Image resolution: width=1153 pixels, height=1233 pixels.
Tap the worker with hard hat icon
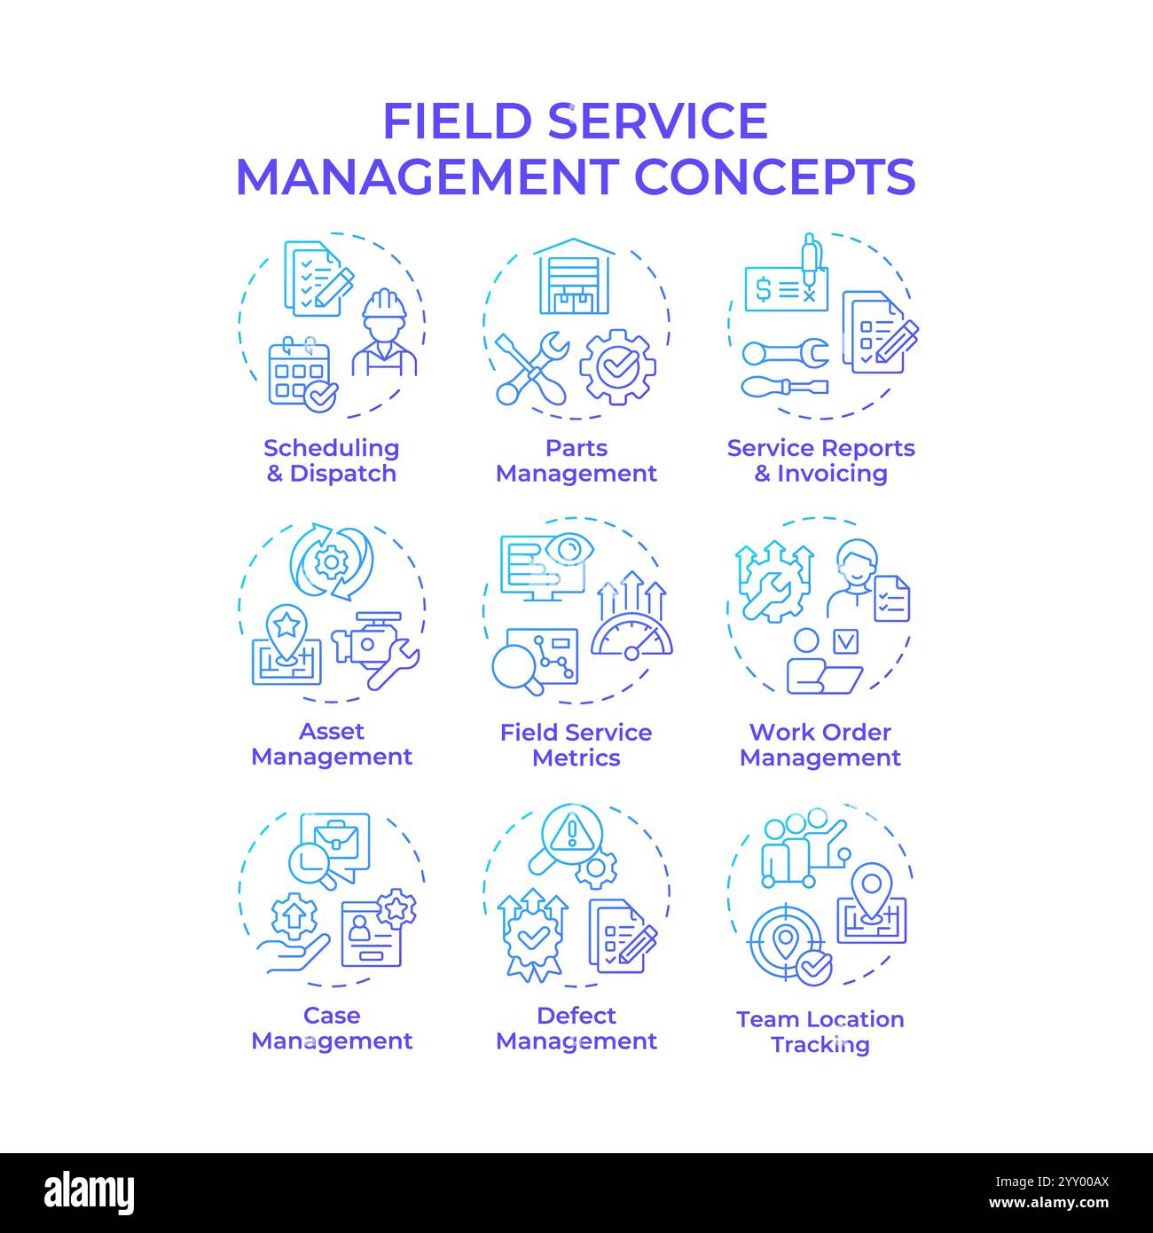coord(384,334)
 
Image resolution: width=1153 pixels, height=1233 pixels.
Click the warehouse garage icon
coord(576,276)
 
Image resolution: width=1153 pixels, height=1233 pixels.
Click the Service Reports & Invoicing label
coord(820,460)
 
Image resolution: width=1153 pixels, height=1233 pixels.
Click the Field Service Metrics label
coord(576,744)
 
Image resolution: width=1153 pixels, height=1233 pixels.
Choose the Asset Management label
coord(332,743)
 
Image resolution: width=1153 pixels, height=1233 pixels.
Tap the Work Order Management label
coord(820,744)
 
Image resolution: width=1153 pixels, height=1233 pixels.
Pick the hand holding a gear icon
coord(294,931)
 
